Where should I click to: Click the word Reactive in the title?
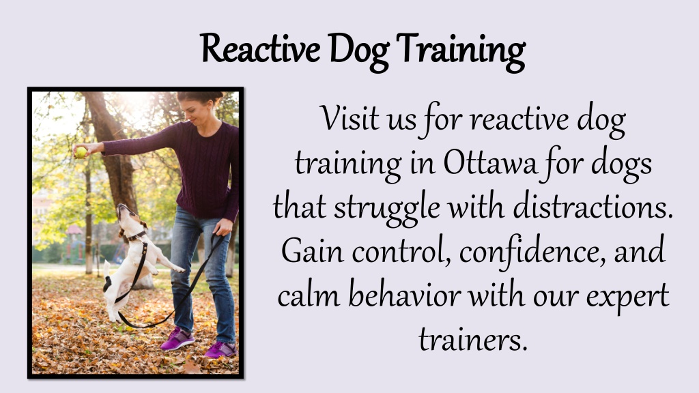pyautogui.click(x=260, y=48)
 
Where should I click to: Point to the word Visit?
pyautogui.click(x=349, y=119)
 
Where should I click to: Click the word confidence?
pyautogui.click(x=532, y=252)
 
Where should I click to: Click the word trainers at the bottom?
pyautogui.click(x=473, y=340)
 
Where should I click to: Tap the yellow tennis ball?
pyautogui.click(x=81, y=152)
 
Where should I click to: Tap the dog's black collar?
pyautogui.click(x=135, y=236)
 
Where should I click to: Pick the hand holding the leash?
pyautogui.click(x=223, y=227)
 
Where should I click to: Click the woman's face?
pyautogui.click(x=193, y=113)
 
